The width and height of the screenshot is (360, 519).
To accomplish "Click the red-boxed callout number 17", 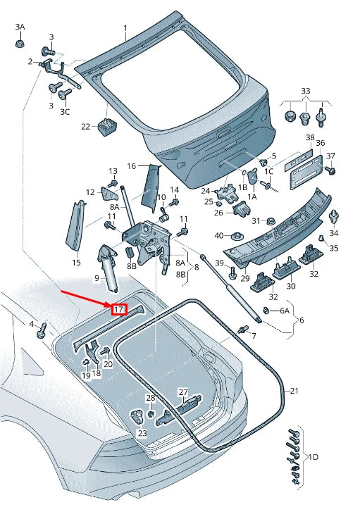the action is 119,310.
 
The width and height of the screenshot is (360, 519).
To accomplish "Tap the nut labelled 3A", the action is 20,43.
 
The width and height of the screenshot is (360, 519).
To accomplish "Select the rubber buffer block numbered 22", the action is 107,126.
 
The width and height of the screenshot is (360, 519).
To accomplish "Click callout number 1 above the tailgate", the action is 125,28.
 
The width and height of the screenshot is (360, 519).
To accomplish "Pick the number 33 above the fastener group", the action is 306,90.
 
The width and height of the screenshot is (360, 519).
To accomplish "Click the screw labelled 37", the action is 330,170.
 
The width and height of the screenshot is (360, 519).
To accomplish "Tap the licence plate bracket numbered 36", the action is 306,172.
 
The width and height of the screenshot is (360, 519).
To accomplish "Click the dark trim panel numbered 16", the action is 150,188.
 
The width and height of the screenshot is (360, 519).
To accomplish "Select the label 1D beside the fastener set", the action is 313,457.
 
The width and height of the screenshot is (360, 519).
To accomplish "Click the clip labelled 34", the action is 334,217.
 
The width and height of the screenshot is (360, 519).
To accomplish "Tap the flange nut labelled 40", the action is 237,237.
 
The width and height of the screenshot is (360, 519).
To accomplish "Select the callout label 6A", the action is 285,310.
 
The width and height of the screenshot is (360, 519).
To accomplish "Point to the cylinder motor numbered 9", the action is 108,268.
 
